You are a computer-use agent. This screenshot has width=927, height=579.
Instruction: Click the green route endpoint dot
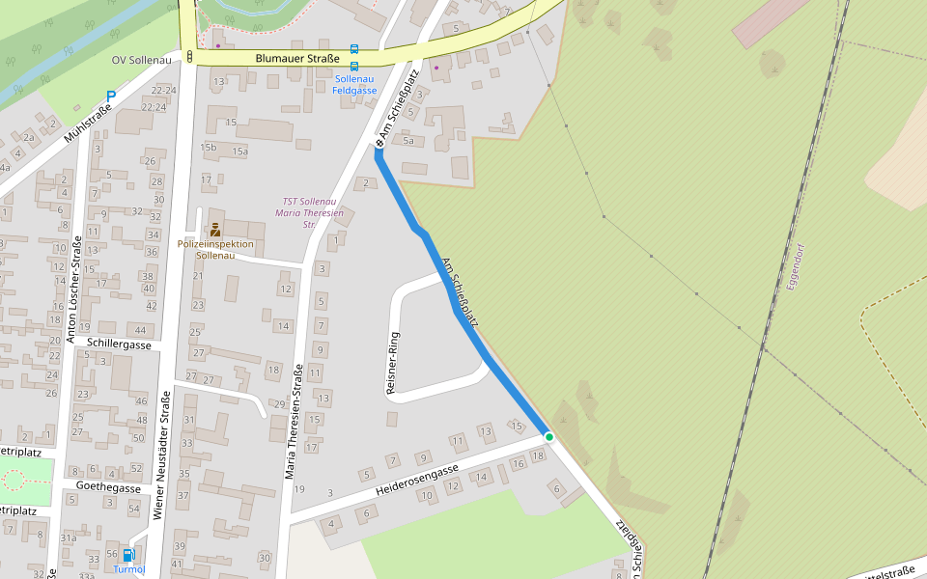pyautogui.click(x=549, y=437)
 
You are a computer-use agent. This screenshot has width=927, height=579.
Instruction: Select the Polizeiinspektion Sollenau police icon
pyautogui.click(x=214, y=230)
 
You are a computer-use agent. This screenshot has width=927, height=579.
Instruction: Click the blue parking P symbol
pyautogui.click(x=111, y=96)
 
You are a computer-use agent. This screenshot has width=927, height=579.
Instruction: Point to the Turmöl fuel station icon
pyautogui.click(x=128, y=556)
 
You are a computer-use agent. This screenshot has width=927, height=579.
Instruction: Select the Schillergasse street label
pyautogui.click(x=119, y=344)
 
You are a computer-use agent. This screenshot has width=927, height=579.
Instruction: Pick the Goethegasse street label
pyautogui.click(x=108, y=488)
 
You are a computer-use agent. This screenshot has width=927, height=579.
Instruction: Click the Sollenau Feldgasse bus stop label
pyautogui.click(x=354, y=84)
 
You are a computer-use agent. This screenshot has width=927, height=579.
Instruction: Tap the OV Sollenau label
pyautogui.click(x=141, y=60)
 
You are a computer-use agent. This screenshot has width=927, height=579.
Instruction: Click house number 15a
pyautogui.click(x=239, y=152)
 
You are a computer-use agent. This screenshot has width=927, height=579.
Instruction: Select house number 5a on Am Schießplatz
pyautogui.click(x=408, y=141)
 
